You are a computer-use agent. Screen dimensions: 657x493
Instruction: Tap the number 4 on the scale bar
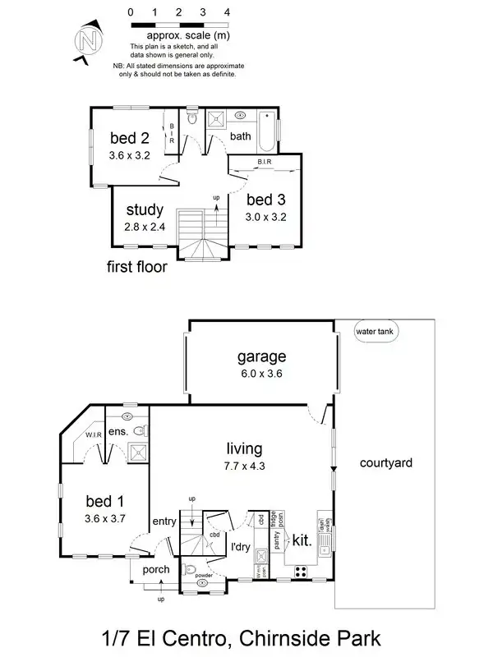point(227,13)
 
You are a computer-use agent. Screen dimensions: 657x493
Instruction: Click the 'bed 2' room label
point(129,138)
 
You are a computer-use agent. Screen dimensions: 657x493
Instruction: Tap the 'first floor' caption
point(137,267)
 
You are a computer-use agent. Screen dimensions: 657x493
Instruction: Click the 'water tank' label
point(374,332)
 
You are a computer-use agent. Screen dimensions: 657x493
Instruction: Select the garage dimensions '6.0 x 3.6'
point(261,374)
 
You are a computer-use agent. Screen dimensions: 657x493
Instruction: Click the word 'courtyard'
point(385,462)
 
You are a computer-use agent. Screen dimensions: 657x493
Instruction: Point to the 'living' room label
point(245,449)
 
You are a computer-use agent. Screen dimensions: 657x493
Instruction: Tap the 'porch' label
point(155,569)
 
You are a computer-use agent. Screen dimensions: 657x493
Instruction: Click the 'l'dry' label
point(240,546)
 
